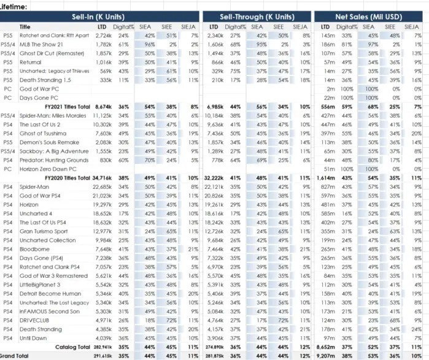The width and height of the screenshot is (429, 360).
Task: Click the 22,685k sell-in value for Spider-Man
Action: tap(102, 186)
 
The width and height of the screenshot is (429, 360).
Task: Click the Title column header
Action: tap(25, 27)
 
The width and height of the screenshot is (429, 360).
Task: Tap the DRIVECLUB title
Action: tap(34, 320)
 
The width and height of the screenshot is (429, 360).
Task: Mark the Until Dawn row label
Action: tap(33, 338)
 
